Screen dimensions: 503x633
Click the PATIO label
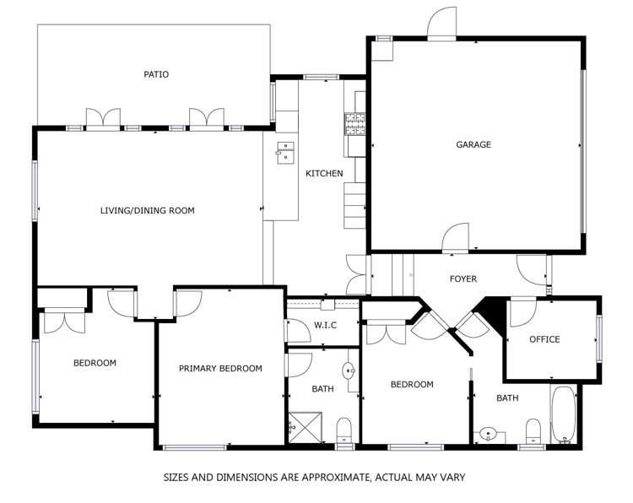155,74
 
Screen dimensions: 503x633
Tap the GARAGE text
473,144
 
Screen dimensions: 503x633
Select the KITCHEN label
324,174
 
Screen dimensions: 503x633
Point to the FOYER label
463,279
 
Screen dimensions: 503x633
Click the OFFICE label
544,339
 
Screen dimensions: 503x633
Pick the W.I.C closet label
326,325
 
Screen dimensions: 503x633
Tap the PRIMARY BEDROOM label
220,368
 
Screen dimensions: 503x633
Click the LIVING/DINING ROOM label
147,210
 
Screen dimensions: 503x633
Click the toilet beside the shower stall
344,430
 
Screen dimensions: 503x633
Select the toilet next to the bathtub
533,432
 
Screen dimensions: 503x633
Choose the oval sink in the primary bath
348,370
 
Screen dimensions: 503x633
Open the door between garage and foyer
456,238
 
